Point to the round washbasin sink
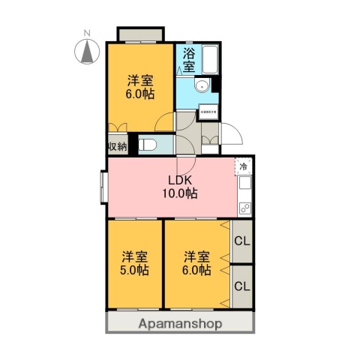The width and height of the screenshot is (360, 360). click(x=199, y=88)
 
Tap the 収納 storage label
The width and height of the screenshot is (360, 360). click(x=115, y=145)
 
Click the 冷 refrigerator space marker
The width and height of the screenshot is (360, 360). click(x=244, y=166)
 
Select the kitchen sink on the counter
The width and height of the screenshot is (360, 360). click(x=244, y=184)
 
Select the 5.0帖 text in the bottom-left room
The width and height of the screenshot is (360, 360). click(x=135, y=269)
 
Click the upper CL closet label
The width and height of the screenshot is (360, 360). click(x=241, y=241)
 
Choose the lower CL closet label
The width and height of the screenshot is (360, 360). click(x=241, y=286)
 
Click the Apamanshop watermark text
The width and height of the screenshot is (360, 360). click(x=180, y=324)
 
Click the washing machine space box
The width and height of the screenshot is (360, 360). click(x=208, y=114)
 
